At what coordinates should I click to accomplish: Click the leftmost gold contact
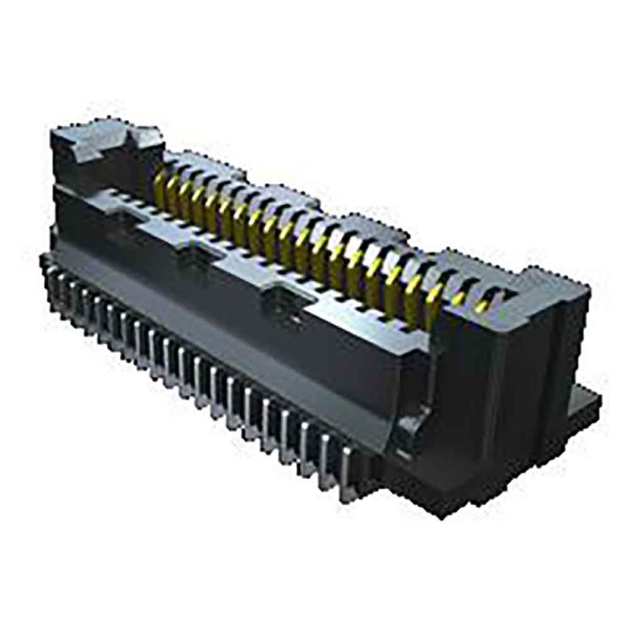pyautogui.click(x=160, y=187)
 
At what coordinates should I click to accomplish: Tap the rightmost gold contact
pyautogui.click(x=483, y=301)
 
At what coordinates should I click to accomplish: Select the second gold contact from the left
pyautogui.click(x=174, y=193)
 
